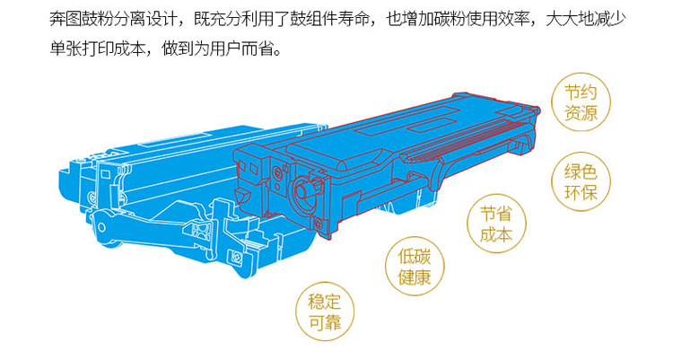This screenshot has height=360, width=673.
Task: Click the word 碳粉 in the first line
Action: click(450, 20)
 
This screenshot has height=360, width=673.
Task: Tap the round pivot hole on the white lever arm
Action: click(101, 227)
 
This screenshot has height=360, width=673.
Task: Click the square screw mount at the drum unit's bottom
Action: click(235, 257)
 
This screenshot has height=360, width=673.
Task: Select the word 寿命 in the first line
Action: click(354, 20)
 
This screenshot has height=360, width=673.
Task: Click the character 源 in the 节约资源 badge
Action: click(590, 113)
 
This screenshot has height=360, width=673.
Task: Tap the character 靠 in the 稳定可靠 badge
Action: click(333, 322)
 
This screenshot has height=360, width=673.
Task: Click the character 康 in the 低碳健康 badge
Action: click(423, 277)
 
